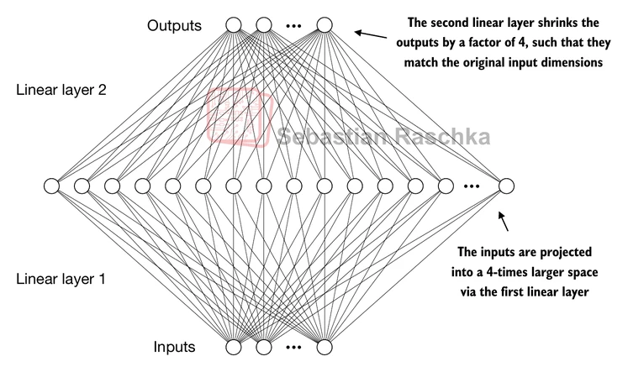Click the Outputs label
point(174,25)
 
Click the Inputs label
point(174,346)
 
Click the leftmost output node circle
point(234,25)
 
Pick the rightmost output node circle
point(324,25)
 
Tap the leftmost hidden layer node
point(51,186)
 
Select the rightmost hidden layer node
point(506,186)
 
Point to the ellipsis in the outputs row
point(293,26)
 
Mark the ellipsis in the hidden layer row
point(472,186)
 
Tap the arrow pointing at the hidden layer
point(504,222)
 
